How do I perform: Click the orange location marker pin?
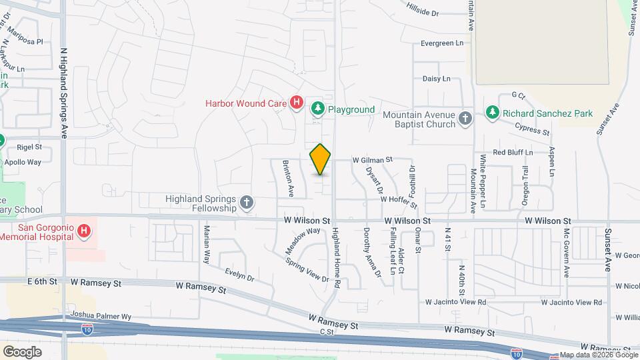coord(321,159)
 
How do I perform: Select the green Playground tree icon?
coord(318,108)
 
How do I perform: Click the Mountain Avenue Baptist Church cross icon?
coord(465,119)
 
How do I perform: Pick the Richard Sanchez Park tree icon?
coord(493,113)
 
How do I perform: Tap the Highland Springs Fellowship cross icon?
coord(247,203)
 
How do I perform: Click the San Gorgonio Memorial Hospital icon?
coord(84,231)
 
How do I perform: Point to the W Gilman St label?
coord(373,160)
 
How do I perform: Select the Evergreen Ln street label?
coord(441,43)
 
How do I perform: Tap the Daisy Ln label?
coord(437,79)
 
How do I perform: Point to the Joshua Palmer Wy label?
coord(99,317)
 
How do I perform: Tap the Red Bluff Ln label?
coord(513,153)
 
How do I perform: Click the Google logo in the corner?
coord(22,351)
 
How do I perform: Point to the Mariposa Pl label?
coord(26,41)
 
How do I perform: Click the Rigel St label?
coord(29,147)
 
